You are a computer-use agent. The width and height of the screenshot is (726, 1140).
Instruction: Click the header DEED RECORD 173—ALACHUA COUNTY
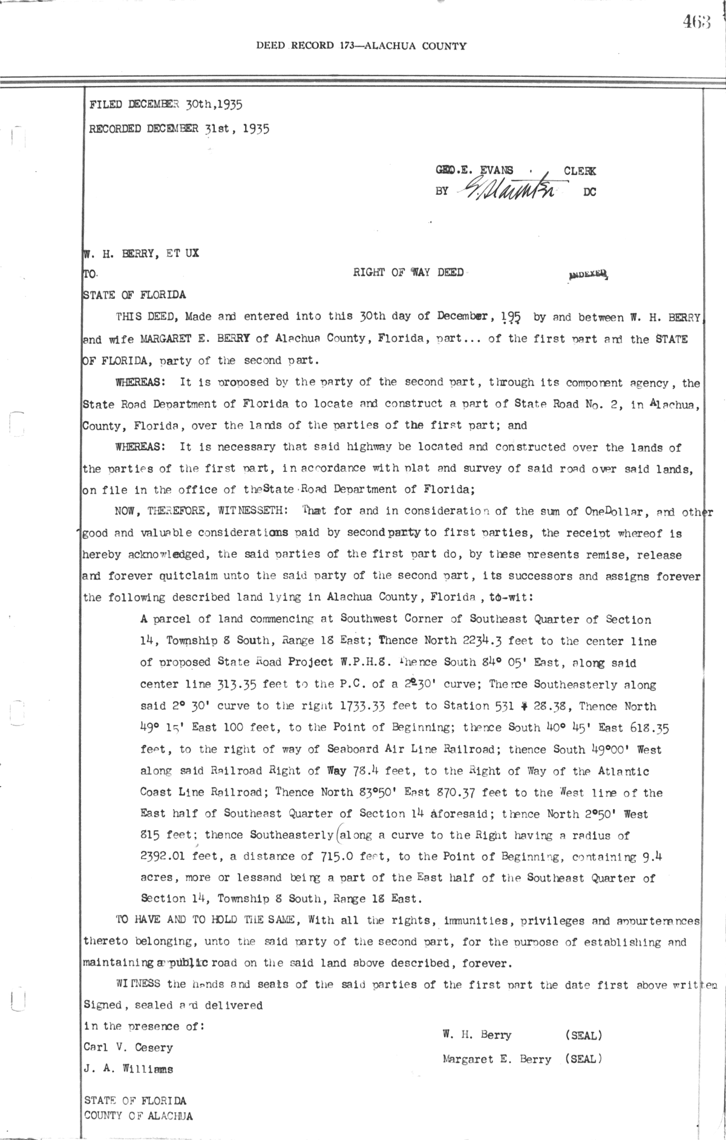361,45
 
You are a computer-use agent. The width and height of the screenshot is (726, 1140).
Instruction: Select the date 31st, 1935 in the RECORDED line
237,128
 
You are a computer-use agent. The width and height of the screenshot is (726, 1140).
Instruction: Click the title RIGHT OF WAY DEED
408,272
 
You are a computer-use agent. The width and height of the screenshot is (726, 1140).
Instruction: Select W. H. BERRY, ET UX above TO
141,254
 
